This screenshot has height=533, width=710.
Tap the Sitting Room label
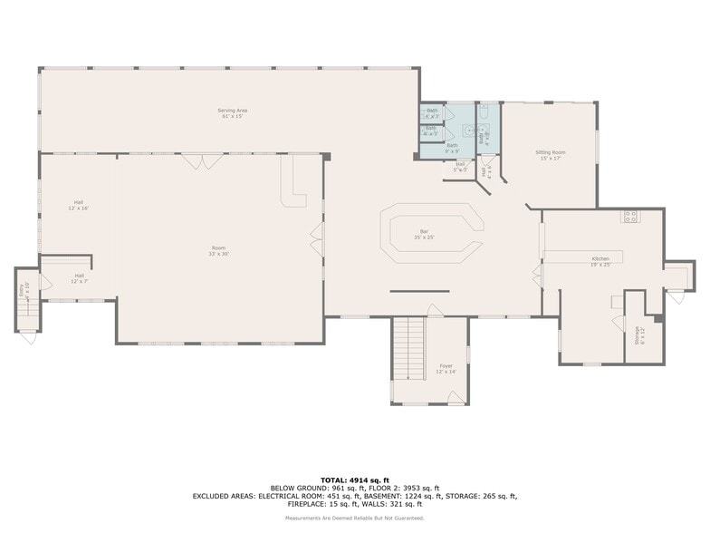550,154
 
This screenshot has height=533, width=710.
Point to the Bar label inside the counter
423,234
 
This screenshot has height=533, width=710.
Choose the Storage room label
638,333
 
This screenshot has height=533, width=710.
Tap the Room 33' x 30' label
218,250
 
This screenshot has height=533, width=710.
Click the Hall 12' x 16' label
79,205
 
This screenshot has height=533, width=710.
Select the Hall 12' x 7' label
79,278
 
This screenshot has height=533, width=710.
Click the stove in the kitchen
631,217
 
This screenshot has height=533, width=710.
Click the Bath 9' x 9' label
451,147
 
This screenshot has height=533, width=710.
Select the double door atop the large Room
201,161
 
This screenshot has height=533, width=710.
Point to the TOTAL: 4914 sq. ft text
354,480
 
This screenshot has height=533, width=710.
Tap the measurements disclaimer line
354,518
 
